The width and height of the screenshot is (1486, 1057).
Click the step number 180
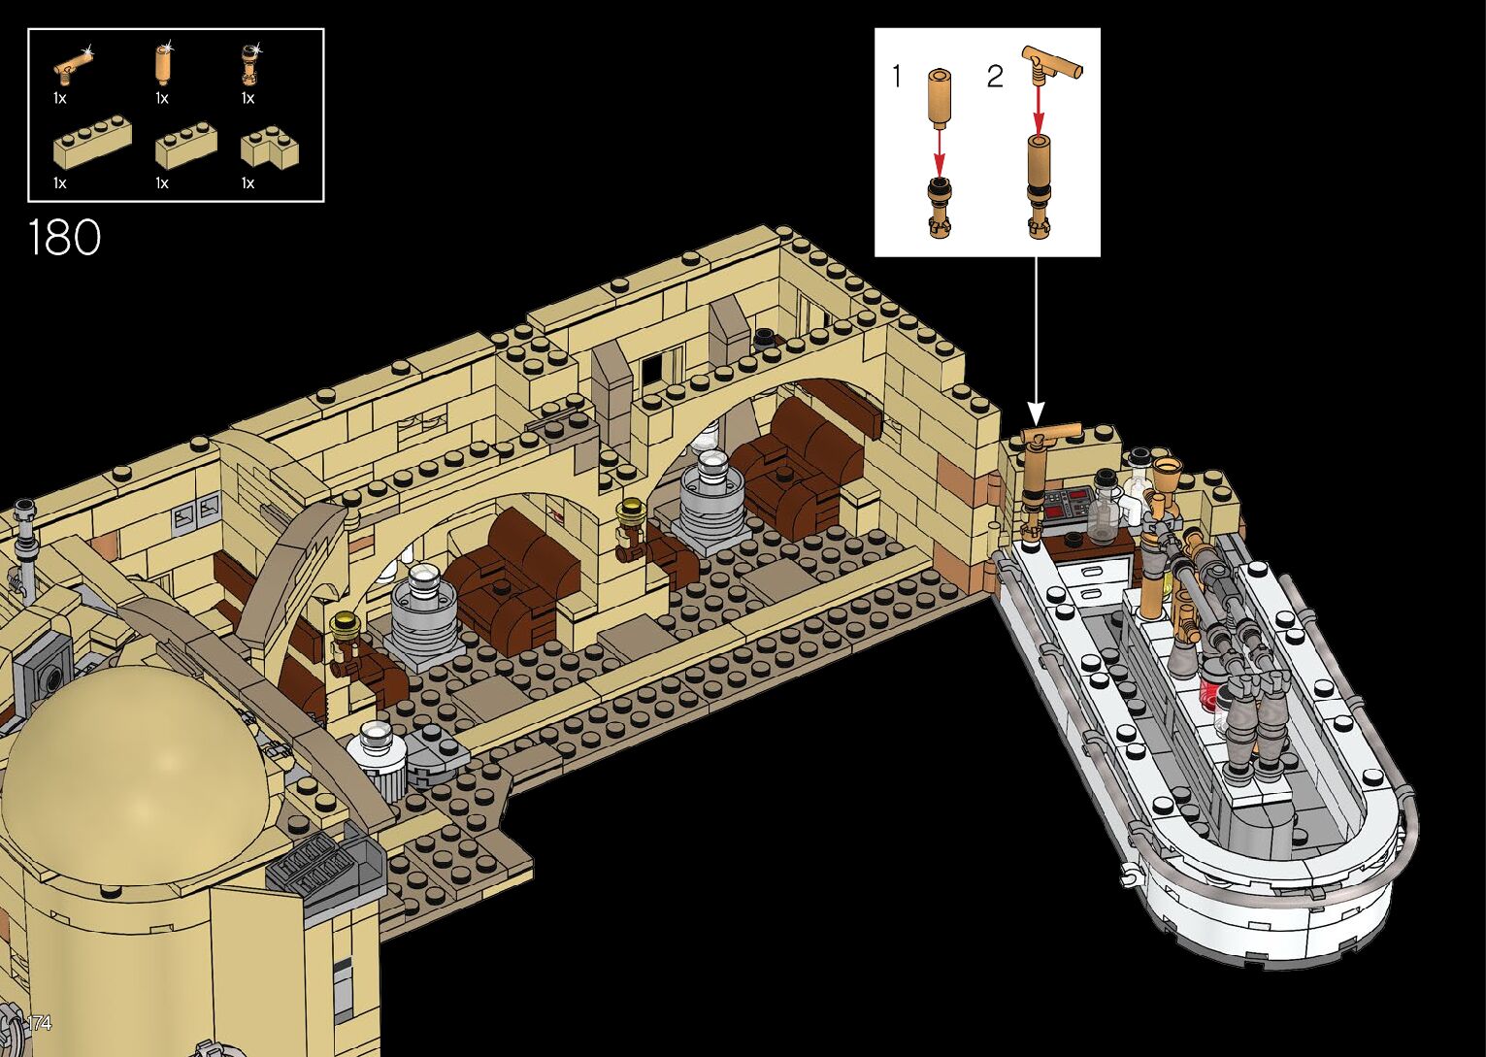[x=64, y=238]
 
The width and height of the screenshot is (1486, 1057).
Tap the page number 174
[x=38, y=1022]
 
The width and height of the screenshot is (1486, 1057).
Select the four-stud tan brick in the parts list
[x=92, y=141]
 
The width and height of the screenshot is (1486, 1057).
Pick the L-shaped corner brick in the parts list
[x=269, y=147]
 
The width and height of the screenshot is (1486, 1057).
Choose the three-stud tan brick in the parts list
[x=185, y=144]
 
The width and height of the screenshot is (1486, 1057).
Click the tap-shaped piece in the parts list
[x=74, y=66]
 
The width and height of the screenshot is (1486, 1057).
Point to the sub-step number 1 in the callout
[x=897, y=76]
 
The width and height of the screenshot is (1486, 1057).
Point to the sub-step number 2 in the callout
[x=994, y=77]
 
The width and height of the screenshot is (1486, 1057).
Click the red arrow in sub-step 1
[x=939, y=151]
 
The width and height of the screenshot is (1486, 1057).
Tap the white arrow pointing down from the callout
[x=1036, y=340]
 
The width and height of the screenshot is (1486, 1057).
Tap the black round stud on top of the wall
[x=765, y=337]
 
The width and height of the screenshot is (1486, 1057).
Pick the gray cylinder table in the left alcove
[x=423, y=611]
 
